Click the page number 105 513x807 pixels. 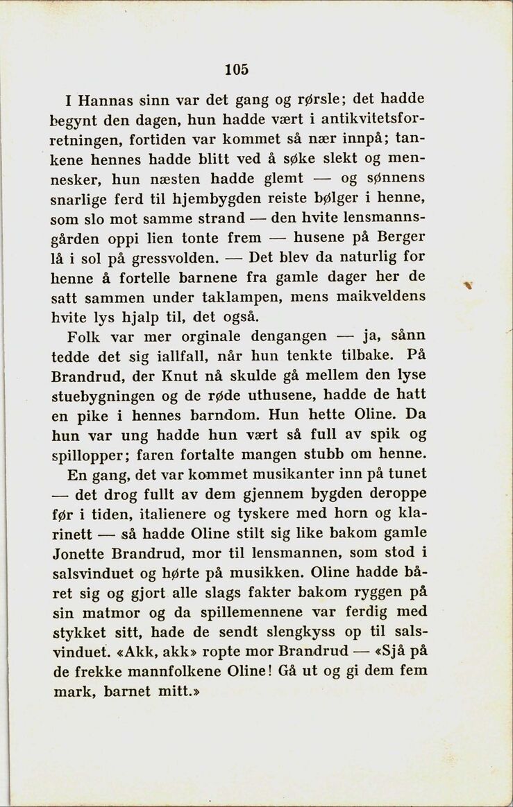(236, 69)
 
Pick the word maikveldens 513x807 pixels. (385, 297)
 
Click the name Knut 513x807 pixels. (196, 376)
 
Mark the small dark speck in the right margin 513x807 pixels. (470, 284)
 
